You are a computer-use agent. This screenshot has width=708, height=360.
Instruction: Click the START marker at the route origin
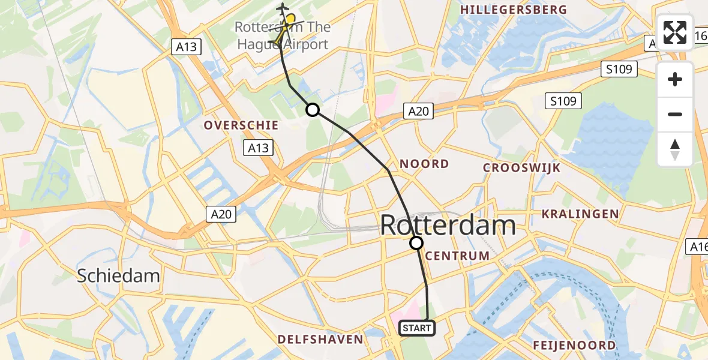tap(416, 328)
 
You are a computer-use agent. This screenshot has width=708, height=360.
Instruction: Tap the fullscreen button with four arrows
tap(675, 32)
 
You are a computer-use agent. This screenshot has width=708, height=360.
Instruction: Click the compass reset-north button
tap(675, 149)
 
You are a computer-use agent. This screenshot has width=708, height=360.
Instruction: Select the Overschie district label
tap(241, 125)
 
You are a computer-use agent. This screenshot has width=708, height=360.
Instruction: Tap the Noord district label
tap(424, 164)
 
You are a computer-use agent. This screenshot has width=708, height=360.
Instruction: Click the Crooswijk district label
tap(522, 168)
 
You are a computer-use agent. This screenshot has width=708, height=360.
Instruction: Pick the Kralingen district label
tap(580, 214)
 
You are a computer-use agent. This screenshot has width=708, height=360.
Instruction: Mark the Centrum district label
tap(457, 256)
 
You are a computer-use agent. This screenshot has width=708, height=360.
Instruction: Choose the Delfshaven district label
tap(320, 340)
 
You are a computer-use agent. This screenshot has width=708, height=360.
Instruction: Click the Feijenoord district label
tap(574, 345)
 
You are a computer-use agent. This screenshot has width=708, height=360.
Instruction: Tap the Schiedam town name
tap(118, 275)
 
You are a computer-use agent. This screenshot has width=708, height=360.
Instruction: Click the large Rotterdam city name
tap(448, 226)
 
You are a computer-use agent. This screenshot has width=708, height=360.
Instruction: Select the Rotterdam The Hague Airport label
tap(282, 35)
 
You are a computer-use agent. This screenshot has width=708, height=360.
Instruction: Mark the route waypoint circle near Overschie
tap(312, 110)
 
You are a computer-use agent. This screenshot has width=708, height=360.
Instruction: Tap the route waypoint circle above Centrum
tap(416, 243)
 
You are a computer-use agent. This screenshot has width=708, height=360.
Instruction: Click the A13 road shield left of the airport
tap(187, 47)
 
